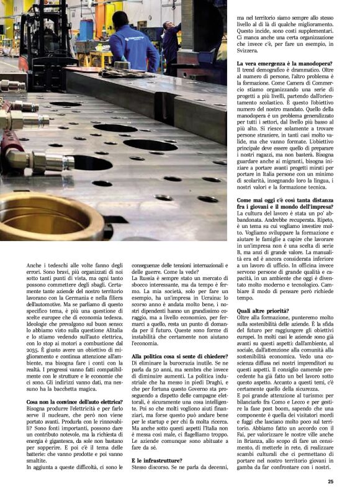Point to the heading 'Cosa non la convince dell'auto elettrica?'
70,402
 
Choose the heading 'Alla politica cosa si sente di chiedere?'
178,356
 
